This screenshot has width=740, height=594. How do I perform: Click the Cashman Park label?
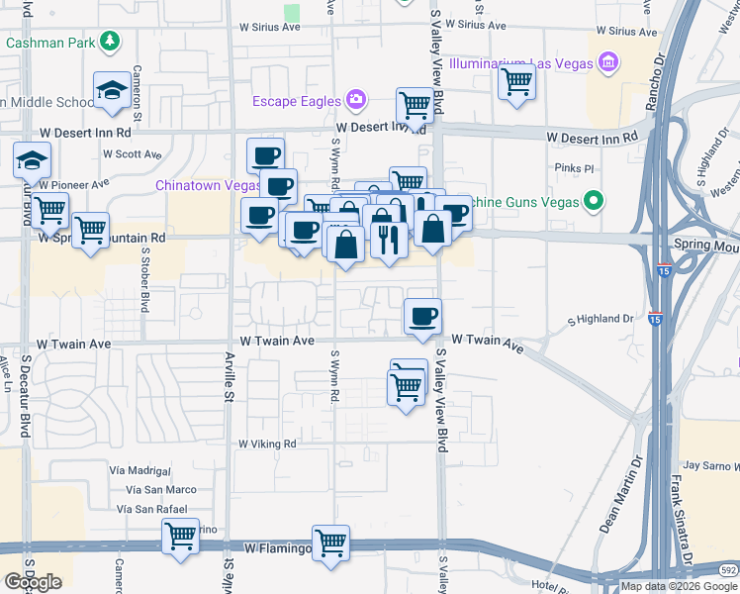point(50,42)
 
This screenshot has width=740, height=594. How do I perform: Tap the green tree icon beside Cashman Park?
point(110,41)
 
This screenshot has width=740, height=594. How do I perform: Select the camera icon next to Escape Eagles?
point(355,100)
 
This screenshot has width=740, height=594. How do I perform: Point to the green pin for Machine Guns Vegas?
point(593,203)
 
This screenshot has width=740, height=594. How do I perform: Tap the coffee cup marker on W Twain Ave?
point(422,316)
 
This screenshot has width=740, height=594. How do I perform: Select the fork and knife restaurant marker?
point(388,238)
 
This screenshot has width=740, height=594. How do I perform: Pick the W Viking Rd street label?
point(267,445)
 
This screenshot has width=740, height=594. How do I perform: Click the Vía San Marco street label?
point(160,489)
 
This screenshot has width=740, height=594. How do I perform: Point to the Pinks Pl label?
point(573,168)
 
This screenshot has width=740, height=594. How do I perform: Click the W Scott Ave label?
point(132,154)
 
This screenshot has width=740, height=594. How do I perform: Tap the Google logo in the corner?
point(33,582)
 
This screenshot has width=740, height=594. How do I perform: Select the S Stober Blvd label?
point(144,279)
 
